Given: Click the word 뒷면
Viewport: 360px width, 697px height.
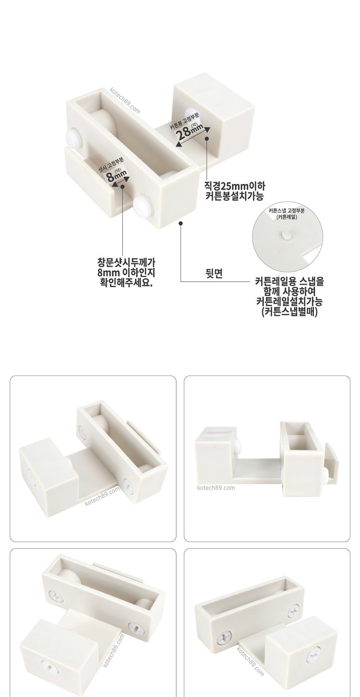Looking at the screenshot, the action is click(x=214, y=273).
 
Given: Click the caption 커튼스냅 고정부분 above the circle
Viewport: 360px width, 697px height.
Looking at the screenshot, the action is click(x=287, y=211).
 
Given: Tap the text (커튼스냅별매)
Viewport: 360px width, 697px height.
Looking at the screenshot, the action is click(x=289, y=311).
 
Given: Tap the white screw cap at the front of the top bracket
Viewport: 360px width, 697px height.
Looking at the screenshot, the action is click(x=143, y=204).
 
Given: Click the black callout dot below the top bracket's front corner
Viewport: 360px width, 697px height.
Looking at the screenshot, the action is click(x=180, y=223).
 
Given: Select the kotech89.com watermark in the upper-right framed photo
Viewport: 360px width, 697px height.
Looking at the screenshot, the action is click(x=216, y=487).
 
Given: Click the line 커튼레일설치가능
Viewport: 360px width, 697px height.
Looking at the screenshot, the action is click(x=289, y=301).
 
